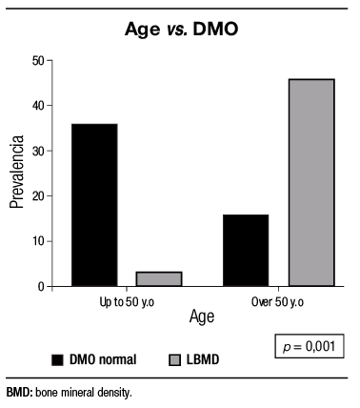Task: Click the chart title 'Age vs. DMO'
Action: (x=180, y=30)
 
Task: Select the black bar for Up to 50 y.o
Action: (x=93, y=205)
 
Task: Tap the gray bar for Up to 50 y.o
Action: (x=158, y=278)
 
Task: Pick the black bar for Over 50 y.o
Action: (x=246, y=250)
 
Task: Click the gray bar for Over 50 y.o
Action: (x=311, y=182)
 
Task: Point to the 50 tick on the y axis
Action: (x=38, y=61)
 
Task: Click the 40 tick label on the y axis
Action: (x=38, y=106)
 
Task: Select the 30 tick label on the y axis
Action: (x=38, y=151)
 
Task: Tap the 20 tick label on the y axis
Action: (x=38, y=196)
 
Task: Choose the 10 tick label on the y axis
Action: (x=38, y=241)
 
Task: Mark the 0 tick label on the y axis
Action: (x=41, y=286)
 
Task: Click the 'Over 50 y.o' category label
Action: (x=279, y=300)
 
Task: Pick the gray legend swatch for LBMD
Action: (x=175, y=360)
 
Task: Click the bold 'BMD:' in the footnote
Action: (x=19, y=392)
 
